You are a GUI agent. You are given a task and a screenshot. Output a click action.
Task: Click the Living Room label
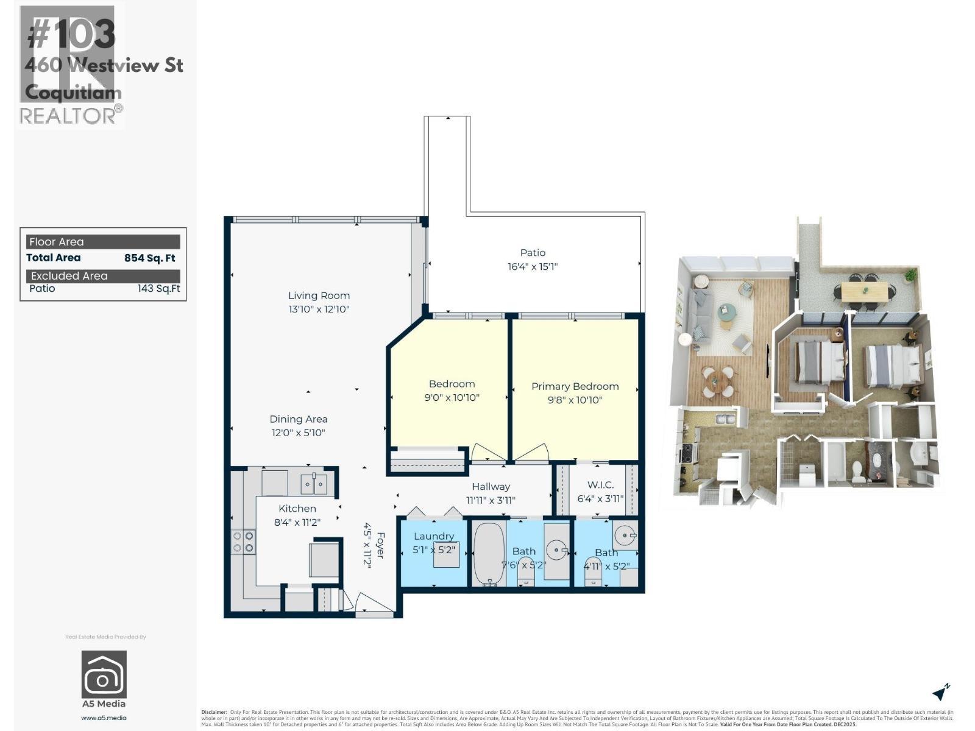(x=319, y=295)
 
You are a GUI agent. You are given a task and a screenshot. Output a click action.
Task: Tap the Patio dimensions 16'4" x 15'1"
(x=533, y=266)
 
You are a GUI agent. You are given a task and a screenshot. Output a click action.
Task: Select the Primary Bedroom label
(x=575, y=386)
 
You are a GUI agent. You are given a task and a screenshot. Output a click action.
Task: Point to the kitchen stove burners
(x=243, y=542)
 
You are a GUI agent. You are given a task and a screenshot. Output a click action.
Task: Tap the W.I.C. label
(x=600, y=485)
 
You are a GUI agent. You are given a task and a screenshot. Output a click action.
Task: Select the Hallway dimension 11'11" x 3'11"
(x=491, y=500)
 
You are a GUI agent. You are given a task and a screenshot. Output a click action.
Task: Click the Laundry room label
(x=434, y=536)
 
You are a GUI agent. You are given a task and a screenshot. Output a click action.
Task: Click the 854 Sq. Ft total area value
(x=149, y=258)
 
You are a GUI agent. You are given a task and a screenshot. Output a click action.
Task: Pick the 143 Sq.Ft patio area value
(x=158, y=288)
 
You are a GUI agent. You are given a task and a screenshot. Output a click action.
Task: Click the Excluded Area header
(x=69, y=276)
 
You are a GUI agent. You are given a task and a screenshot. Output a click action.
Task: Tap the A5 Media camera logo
(x=104, y=674)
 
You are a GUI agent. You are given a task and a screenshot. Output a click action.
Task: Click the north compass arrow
(x=941, y=693)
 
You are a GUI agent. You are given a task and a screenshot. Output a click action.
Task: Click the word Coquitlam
(x=73, y=93)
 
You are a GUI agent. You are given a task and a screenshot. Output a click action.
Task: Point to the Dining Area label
(x=299, y=419)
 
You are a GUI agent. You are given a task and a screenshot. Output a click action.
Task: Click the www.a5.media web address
(x=104, y=718)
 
